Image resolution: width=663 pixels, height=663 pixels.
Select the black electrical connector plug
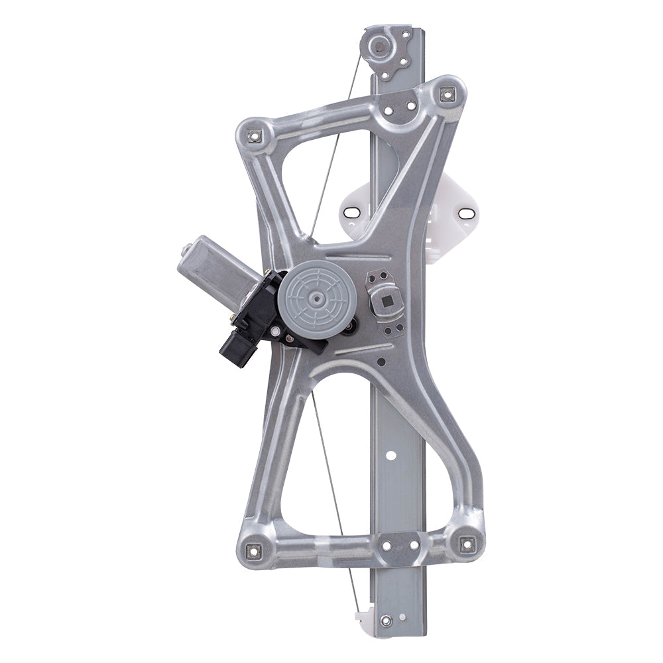point(239,345)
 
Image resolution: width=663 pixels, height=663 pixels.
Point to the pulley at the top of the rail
point(379,46)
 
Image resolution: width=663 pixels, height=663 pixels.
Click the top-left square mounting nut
point(253,137)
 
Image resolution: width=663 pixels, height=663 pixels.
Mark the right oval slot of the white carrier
point(467,213)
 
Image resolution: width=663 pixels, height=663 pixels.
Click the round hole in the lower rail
point(391,455)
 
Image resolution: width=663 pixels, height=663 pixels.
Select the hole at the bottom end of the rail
point(386,621)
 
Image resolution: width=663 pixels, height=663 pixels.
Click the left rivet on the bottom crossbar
point(384,545)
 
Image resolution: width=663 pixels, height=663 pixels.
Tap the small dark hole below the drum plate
point(381,362)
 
